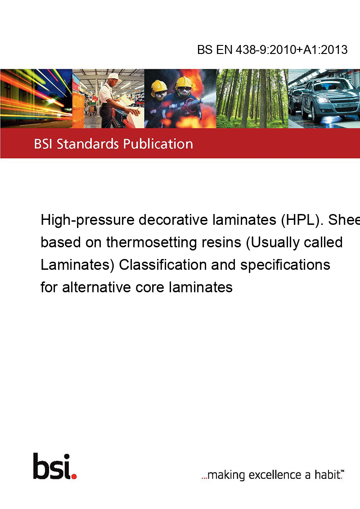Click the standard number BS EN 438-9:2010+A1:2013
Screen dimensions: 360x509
[272, 49]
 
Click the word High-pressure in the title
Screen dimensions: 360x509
[87, 220]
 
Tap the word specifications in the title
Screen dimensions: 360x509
[285, 265]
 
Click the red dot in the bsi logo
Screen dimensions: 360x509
[74, 476]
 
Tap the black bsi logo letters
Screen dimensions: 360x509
[52, 466]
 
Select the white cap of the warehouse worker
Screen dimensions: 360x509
[113, 76]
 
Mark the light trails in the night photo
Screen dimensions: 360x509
[36, 98]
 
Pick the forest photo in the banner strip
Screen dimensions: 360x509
[252, 98]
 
